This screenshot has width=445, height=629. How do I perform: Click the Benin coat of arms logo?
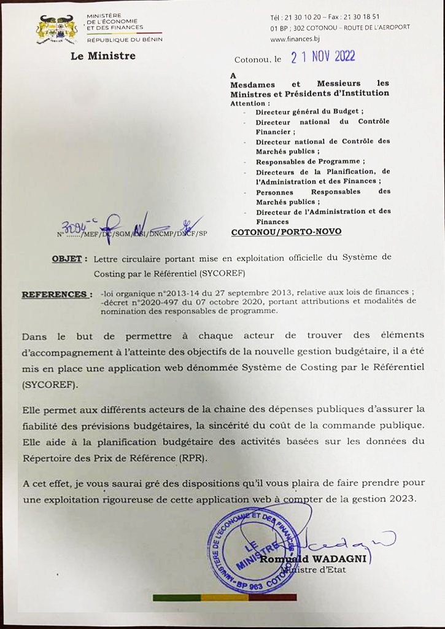click(57, 29)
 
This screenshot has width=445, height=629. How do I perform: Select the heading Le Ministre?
click(103, 57)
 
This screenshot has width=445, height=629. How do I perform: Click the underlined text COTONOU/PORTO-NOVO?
click(286, 232)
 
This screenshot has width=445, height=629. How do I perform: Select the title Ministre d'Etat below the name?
click(313, 569)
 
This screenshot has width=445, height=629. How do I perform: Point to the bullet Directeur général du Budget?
click(310, 112)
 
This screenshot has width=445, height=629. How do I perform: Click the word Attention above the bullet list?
click(249, 103)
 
